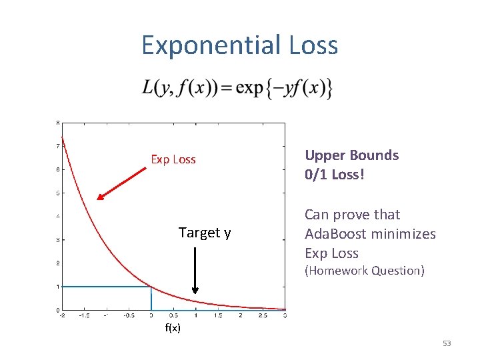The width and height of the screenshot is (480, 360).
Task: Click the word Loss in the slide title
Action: (313, 45)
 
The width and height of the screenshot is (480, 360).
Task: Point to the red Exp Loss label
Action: (173, 159)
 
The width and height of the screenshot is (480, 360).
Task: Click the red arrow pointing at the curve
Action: (122, 182)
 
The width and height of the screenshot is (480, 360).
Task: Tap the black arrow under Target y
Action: (195, 270)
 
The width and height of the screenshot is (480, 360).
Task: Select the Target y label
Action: (205, 233)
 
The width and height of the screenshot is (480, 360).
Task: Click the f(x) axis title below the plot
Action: (173, 329)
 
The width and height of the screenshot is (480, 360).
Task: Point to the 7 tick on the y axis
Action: (58, 146)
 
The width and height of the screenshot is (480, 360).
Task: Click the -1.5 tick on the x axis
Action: (84, 316)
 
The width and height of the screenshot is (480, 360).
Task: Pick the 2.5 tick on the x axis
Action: (263, 316)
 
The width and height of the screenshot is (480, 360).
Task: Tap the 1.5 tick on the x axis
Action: (218, 316)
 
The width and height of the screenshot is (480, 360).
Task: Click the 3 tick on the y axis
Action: (58, 240)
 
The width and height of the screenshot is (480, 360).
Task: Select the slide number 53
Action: (447, 343)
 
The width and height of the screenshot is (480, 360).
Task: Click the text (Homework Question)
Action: (364, 271)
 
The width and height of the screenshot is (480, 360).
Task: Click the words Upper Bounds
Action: (351, 155)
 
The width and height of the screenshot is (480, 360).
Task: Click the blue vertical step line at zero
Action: (151, 299)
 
